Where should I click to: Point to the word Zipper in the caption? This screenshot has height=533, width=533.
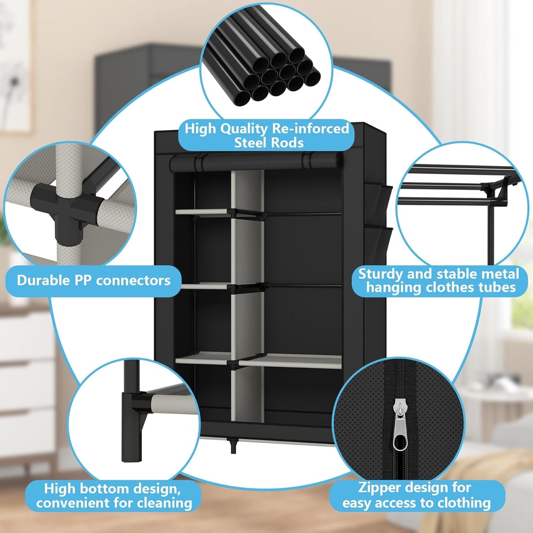(x=379, y=488)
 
